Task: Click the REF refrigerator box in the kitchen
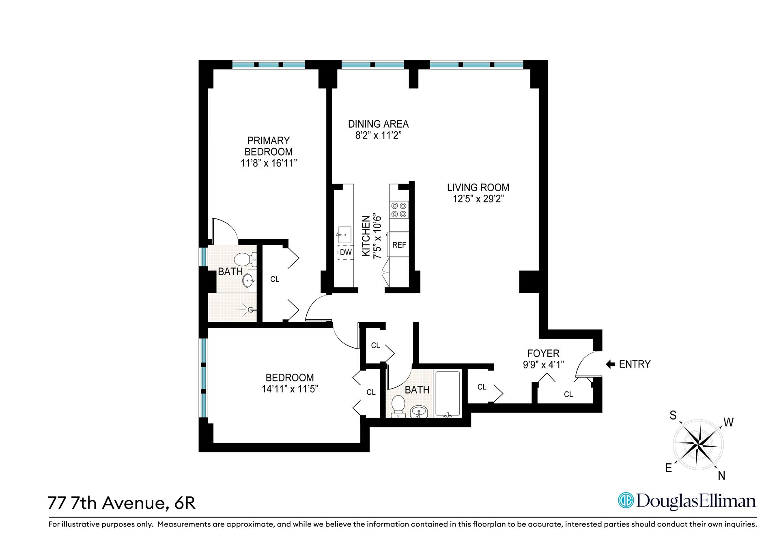[x=399, y=245]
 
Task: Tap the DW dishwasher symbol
[x=346, y=253]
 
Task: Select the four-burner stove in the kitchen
[x=399, y=210]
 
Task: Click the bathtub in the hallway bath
[x=448, y=394]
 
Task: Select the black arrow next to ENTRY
[x=610, y=364]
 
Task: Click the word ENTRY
[x=635, y=364]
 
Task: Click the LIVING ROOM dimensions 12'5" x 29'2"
[x=478, y=199]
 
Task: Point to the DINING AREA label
[x=378, y=124]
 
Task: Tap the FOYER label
[x=543, y=353]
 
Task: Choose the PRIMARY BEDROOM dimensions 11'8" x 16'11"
[x=268, y=163]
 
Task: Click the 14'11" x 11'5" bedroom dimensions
[x=290, y=389]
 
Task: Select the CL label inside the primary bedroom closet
[x=275, y=279]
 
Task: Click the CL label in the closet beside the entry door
[x=568, y=394]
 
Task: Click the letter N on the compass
[x=721, y=476]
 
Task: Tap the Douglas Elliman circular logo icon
[x=626, y=500]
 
